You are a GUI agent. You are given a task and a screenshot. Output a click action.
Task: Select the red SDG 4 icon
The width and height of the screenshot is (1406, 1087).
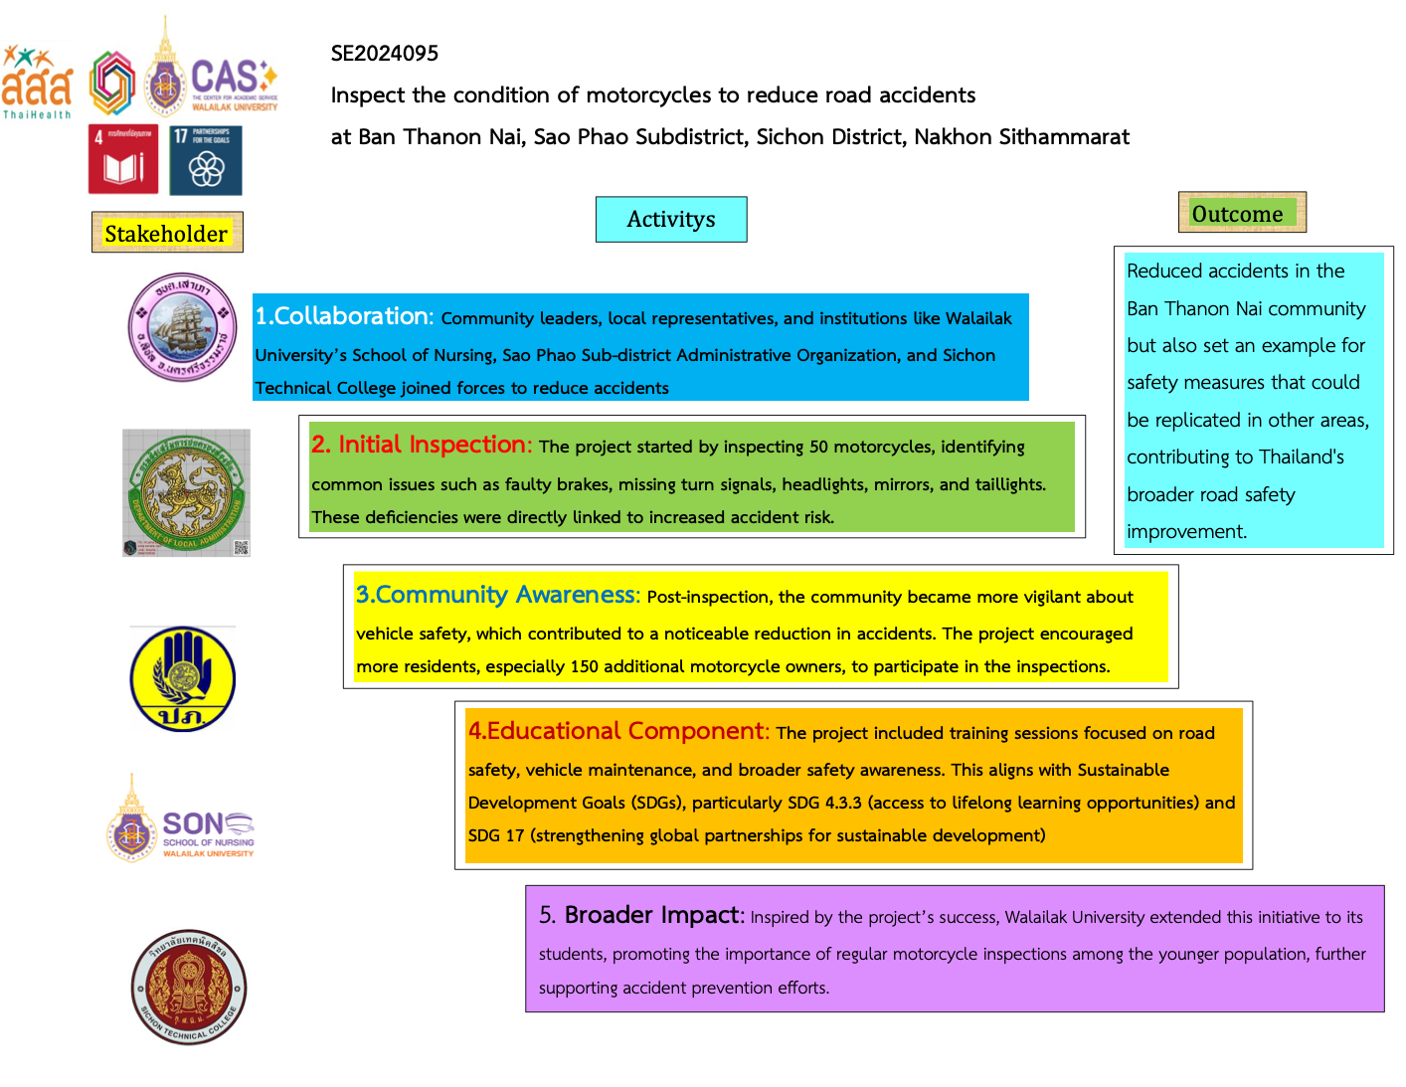pos(123,159)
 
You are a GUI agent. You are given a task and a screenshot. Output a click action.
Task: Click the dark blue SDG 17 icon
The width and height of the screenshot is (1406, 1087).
pos(206,159)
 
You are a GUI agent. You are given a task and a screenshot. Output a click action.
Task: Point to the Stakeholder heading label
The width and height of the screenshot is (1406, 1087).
pos(166,234)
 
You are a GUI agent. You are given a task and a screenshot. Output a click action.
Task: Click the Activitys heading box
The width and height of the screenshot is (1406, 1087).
pos(671,219)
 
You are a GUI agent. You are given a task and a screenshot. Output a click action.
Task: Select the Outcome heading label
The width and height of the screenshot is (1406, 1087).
pos(1240,213)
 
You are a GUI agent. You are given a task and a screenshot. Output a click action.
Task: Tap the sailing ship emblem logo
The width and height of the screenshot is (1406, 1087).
pos(183,328)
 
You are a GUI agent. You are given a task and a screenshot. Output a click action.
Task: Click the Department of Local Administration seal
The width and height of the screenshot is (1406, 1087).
pos(187,493)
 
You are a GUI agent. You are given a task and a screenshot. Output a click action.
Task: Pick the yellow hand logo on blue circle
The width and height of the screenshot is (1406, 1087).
pos(183,679)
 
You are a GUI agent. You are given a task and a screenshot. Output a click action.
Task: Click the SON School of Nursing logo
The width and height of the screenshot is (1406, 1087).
pos(180,817)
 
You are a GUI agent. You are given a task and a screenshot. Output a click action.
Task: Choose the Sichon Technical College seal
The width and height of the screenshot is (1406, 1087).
pos(188,988)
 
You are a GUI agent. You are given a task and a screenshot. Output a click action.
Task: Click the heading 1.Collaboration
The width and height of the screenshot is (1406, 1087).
pos(344,316)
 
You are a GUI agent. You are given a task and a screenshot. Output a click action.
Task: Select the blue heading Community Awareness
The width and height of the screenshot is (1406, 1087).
pos(497,595)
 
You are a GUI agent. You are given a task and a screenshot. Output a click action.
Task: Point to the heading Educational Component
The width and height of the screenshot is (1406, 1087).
pos(617,731)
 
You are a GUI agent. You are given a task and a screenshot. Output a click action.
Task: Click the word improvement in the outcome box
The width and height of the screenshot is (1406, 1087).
pos(1185,531)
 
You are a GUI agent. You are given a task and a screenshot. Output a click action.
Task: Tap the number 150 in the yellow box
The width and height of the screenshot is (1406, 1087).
pos(584,666)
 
